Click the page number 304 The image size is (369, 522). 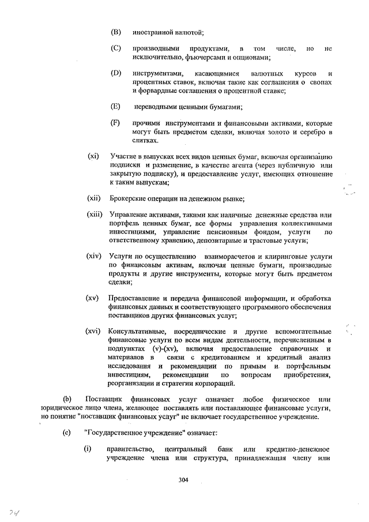[184, 480]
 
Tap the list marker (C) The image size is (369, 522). [115, 48]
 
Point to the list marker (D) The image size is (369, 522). [115, 73]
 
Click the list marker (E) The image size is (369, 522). [115, 106]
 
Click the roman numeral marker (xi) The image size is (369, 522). [93, 156]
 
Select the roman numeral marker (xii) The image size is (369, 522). [95, 198]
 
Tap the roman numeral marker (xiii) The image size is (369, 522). [95, 215]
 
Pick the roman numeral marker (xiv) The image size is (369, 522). [95, 256]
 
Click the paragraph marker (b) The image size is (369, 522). [67, 400]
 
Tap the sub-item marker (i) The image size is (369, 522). [89, 449]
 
